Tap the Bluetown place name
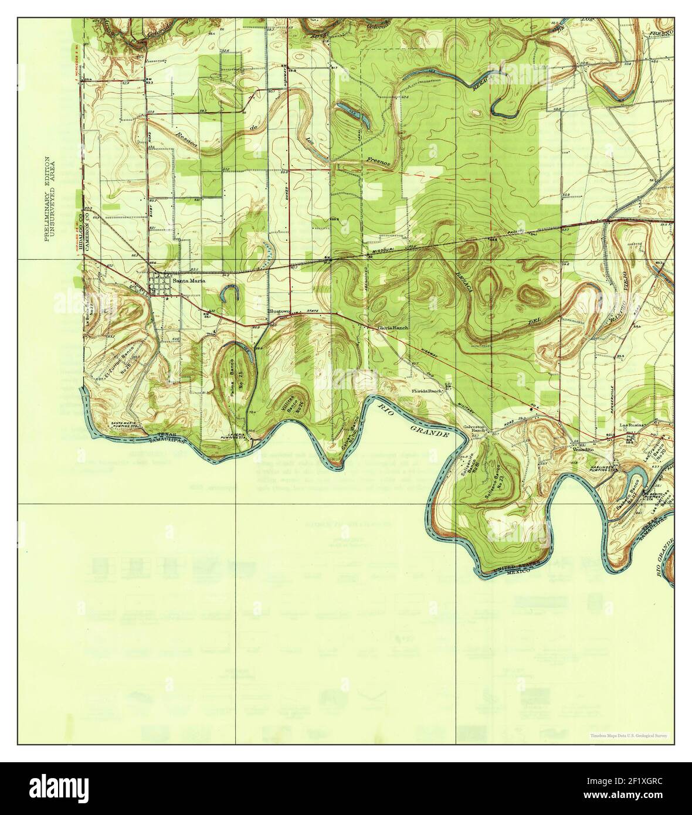(x=279, y=311)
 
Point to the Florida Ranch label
(x=426, y=390)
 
